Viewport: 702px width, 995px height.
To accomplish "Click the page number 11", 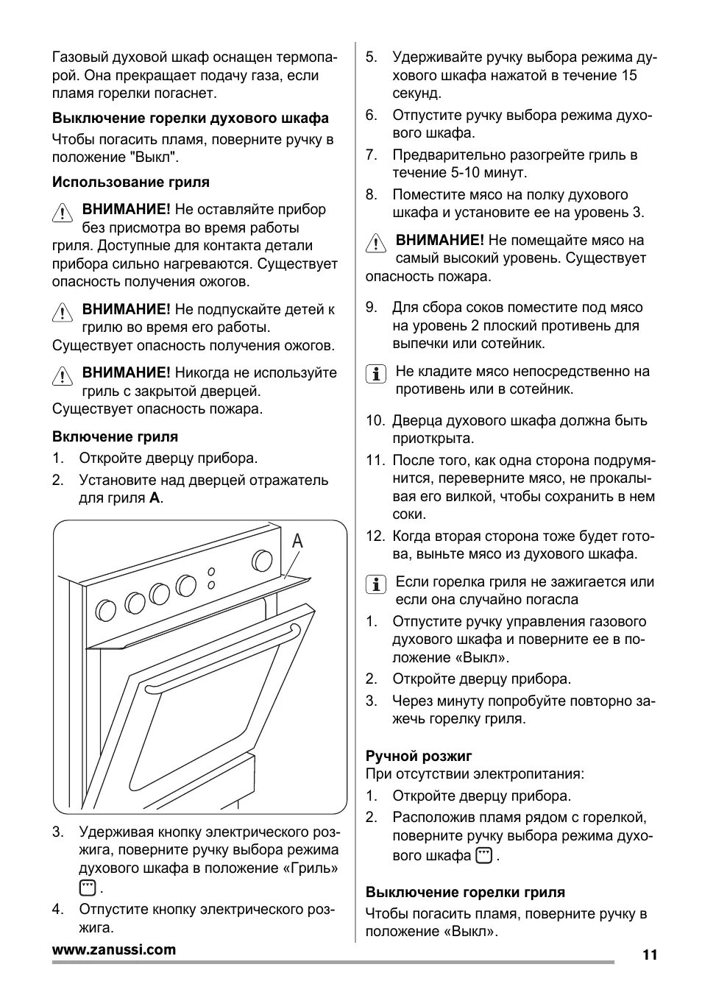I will point(649,955).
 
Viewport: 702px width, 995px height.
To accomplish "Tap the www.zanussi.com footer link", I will point(114,949).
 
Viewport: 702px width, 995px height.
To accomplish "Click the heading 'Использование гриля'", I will point(130,182).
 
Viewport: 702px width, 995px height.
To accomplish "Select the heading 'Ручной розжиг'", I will point(419,756).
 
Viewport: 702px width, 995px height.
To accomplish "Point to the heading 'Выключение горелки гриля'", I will point(465,892).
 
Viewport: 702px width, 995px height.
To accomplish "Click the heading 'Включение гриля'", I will point(115,436).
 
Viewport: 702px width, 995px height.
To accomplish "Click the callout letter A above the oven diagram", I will point(297,542).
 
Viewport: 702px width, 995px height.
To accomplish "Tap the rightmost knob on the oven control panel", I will point(262,561).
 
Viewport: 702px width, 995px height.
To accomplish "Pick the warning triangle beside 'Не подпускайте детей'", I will point(63,312).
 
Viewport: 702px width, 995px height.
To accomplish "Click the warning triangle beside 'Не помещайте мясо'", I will point(376,244).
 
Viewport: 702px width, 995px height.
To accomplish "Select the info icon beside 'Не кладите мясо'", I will point(376,374).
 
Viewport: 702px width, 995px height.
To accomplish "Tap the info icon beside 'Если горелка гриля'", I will point(376,584).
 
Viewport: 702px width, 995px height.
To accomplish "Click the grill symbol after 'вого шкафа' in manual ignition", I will point(483,855).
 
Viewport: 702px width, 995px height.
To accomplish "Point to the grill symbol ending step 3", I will point(88,888).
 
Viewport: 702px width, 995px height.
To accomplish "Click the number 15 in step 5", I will point(628,75).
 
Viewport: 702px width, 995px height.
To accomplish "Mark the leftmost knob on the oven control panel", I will point(106,609).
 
